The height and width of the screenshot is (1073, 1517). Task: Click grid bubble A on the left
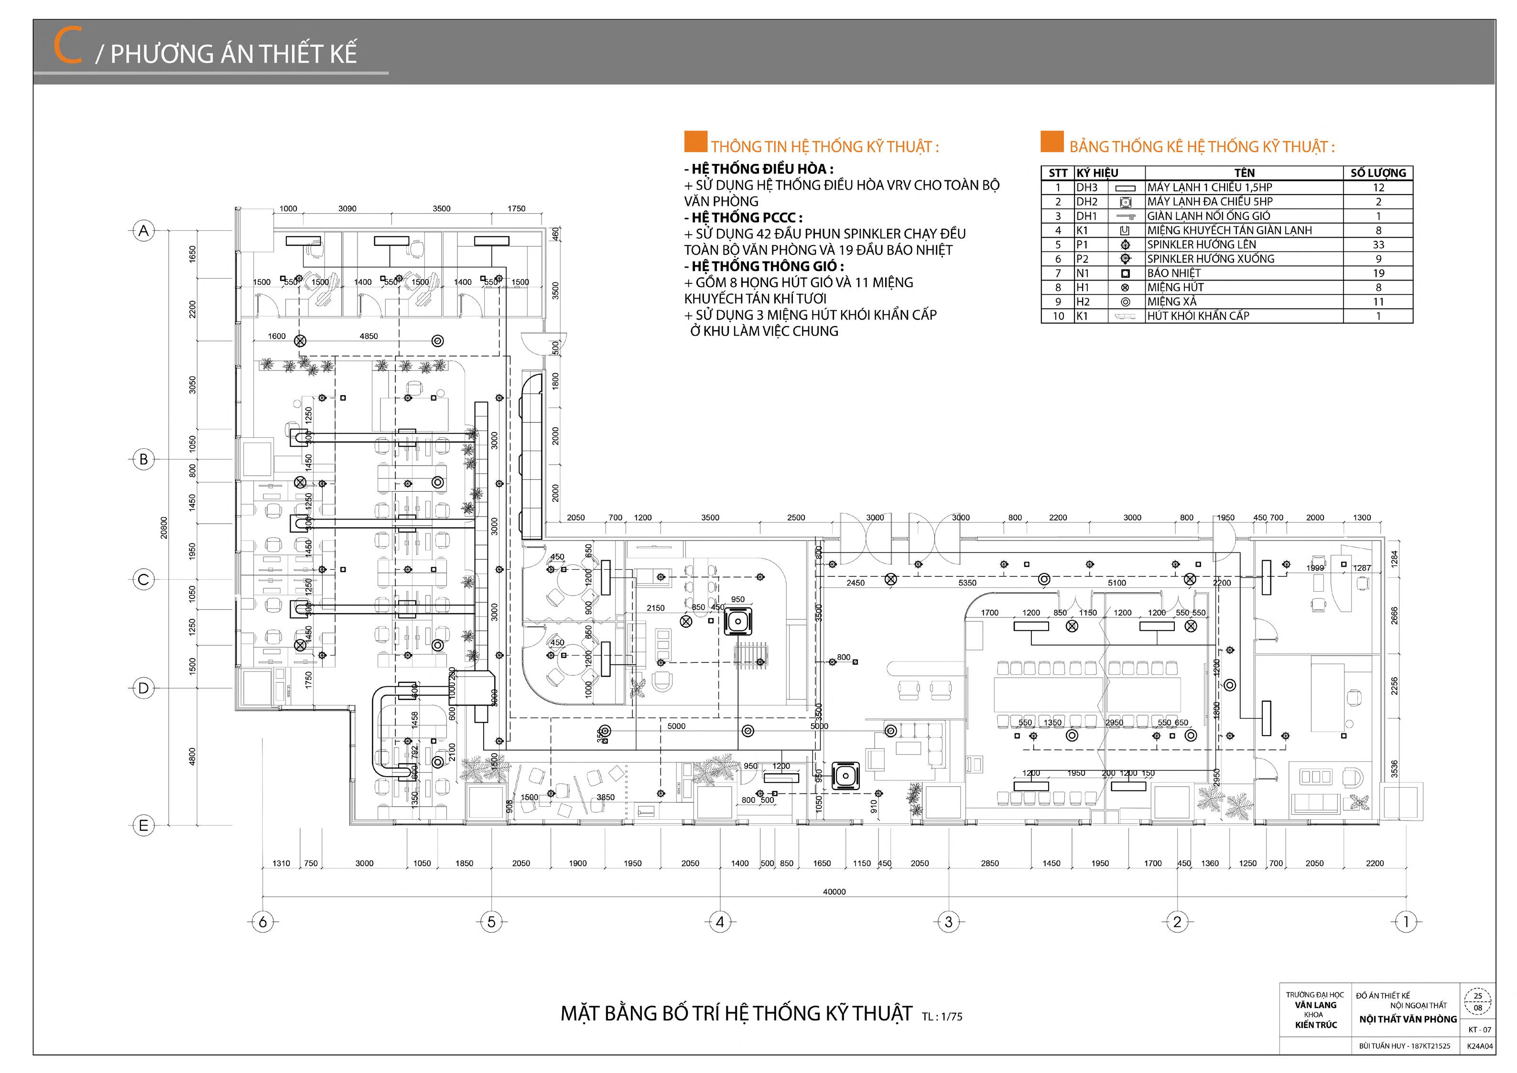click(143, 231)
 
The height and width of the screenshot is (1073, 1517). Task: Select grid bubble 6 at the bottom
click(263, 921)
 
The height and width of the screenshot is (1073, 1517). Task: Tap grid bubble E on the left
click(143, 826)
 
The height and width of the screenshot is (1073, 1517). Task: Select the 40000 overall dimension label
click(834, 892)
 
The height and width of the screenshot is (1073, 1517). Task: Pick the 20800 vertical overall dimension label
click(164, 528)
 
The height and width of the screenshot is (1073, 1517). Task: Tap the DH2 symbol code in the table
click(1087, 202)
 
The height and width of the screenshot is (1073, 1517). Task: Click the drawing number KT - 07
click(1479, 1030)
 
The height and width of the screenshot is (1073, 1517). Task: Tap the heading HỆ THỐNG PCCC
click(747, 217)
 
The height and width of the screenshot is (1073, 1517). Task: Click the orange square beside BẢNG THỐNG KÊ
click(1052, 142)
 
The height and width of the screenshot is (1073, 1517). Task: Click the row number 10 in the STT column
click(1059, 316)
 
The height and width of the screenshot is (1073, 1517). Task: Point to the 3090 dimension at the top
click(347, 209)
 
